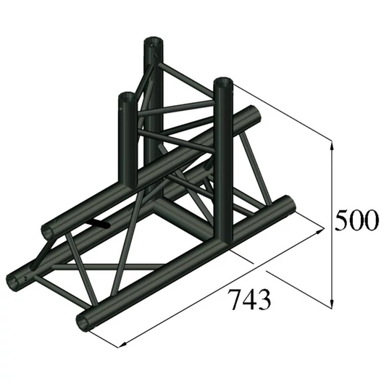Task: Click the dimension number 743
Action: click(246, 298)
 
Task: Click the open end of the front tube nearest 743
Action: click(85, 320)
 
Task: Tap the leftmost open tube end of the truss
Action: click(17, 279)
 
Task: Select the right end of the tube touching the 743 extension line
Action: click(287, 208)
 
